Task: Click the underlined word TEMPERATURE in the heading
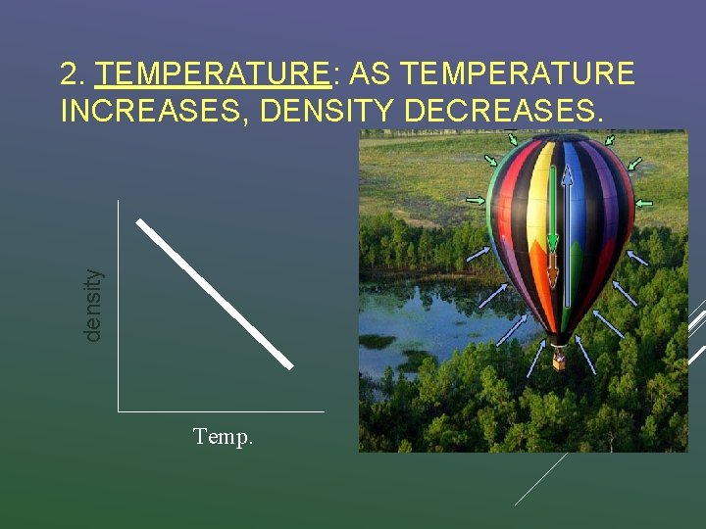(x=214, y=74)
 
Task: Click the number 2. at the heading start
(x=75, y=74)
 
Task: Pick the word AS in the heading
(x=370, y=74)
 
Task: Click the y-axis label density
(x=92, y=306)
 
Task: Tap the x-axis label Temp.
(x=224, y=437)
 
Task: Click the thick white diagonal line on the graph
(x=215, y=294)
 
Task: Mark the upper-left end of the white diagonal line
(x=140, y=221)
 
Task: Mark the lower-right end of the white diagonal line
(x=289, y=365)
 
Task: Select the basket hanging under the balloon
(x=559, y=360)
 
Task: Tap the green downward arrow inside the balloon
(x=553, y=211)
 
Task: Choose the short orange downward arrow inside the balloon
(x=553, y=270)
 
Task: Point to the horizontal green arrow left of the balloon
(x=476, y=201)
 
